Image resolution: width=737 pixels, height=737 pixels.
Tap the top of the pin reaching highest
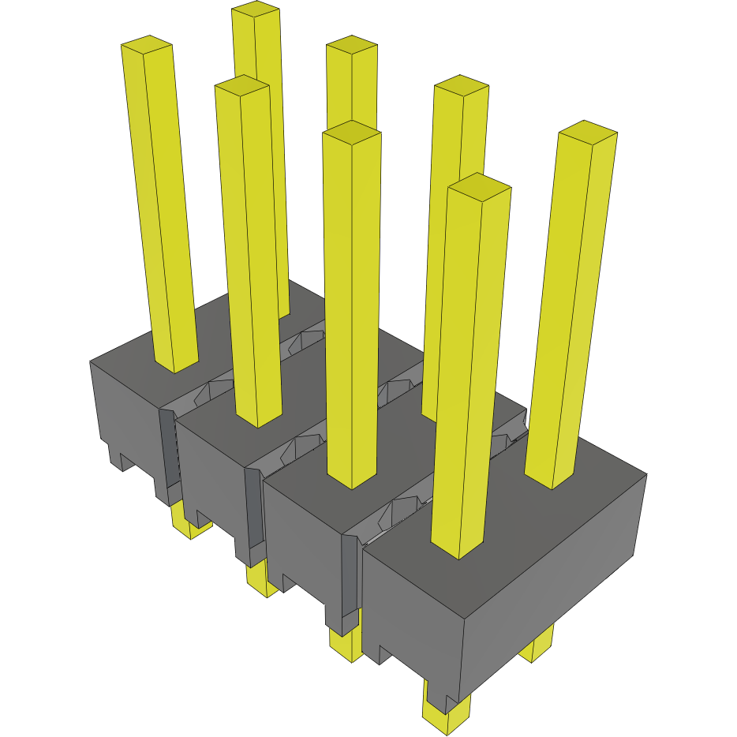click(x=256, y=10)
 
